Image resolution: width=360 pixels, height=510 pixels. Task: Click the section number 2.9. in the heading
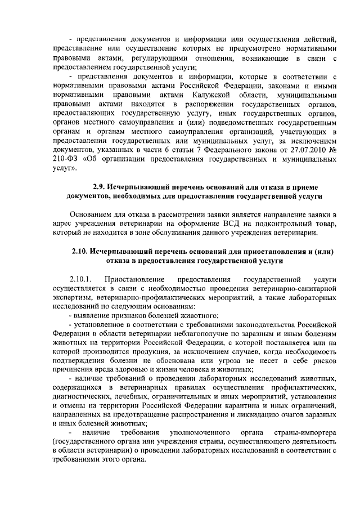click(x=100, y=187)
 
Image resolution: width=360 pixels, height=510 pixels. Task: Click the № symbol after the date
click(x=332, y=151)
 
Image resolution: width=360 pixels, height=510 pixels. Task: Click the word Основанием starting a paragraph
click(x=91, y=215)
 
